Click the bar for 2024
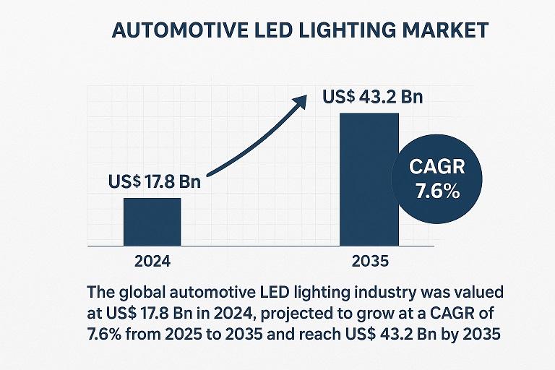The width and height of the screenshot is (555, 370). (152, 220)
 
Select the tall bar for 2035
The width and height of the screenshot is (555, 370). (369, 179)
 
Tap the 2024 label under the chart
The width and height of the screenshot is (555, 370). (152, 261)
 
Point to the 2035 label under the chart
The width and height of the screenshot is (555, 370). (369, 261)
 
